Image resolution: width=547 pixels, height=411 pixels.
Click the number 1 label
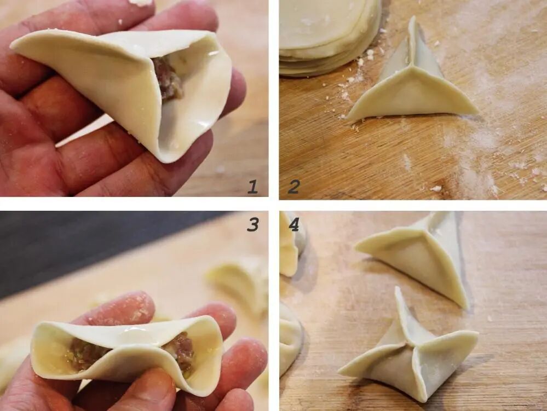pyautogui.click(x=253, y=187)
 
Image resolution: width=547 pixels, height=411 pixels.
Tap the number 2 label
pyautogui.click(x=293, y=187)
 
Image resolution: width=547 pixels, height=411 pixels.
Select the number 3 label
pyautogui.click(x=253, y=224)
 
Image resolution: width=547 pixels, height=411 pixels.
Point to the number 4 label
pyautogui.click(x=294, y=225)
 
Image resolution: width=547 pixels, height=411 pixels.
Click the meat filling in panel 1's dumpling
pyautogui.click(x=168, y=79)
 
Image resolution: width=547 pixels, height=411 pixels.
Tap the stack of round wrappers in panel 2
pyautogui.click(x=330, y=35)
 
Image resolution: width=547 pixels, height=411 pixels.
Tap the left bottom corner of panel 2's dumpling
pyautogui.click(x=348, y=117)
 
